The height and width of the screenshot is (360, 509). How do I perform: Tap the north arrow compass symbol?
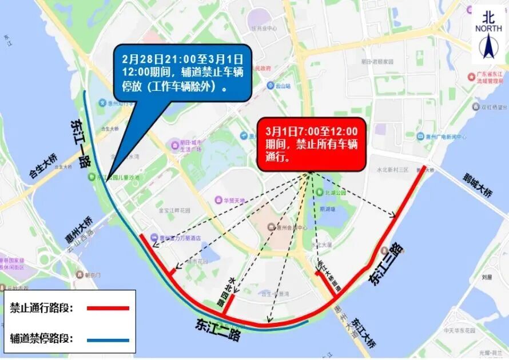[488, 46]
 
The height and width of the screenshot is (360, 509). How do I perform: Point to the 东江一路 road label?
[81, 143]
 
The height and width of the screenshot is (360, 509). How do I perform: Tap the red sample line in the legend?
[109, 308]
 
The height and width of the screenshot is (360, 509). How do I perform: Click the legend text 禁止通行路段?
[42, 308]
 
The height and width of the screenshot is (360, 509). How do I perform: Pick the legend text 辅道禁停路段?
[42, 338]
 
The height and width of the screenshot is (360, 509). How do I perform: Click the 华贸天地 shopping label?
[233, 201]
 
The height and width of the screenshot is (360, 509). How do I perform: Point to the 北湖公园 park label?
[336, 193]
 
